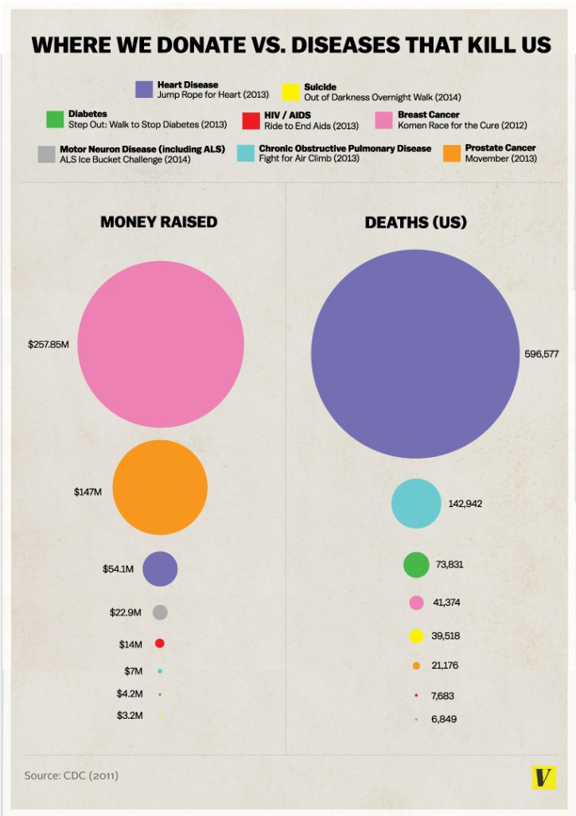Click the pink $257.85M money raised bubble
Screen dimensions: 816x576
(x=161, y=346)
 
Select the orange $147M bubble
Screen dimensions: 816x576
(x=160, y=486)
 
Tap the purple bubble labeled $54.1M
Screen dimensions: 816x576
(x=160, y=568)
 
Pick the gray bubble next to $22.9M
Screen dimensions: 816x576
(x=160, y=612)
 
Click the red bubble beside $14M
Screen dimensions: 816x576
(x=160, y=643)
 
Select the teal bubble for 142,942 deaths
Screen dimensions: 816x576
(x=415, y=503)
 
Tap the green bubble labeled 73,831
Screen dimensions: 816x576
(x=416, y=564)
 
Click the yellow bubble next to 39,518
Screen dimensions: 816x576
(x=415, y=635)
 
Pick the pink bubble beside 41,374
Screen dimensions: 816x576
(x=415, y=603)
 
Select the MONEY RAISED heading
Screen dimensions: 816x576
(x=158, y=222)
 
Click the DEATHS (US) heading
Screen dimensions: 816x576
(x=415, y=222)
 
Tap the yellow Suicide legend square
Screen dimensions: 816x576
(x=291, y=91)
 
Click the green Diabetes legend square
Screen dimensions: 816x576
(x=55, y=119)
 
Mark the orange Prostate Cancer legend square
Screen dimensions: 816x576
(x=453, y=153)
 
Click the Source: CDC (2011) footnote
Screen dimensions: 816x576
(x=72, y=774)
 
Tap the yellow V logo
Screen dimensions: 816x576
(x=543, y=778)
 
